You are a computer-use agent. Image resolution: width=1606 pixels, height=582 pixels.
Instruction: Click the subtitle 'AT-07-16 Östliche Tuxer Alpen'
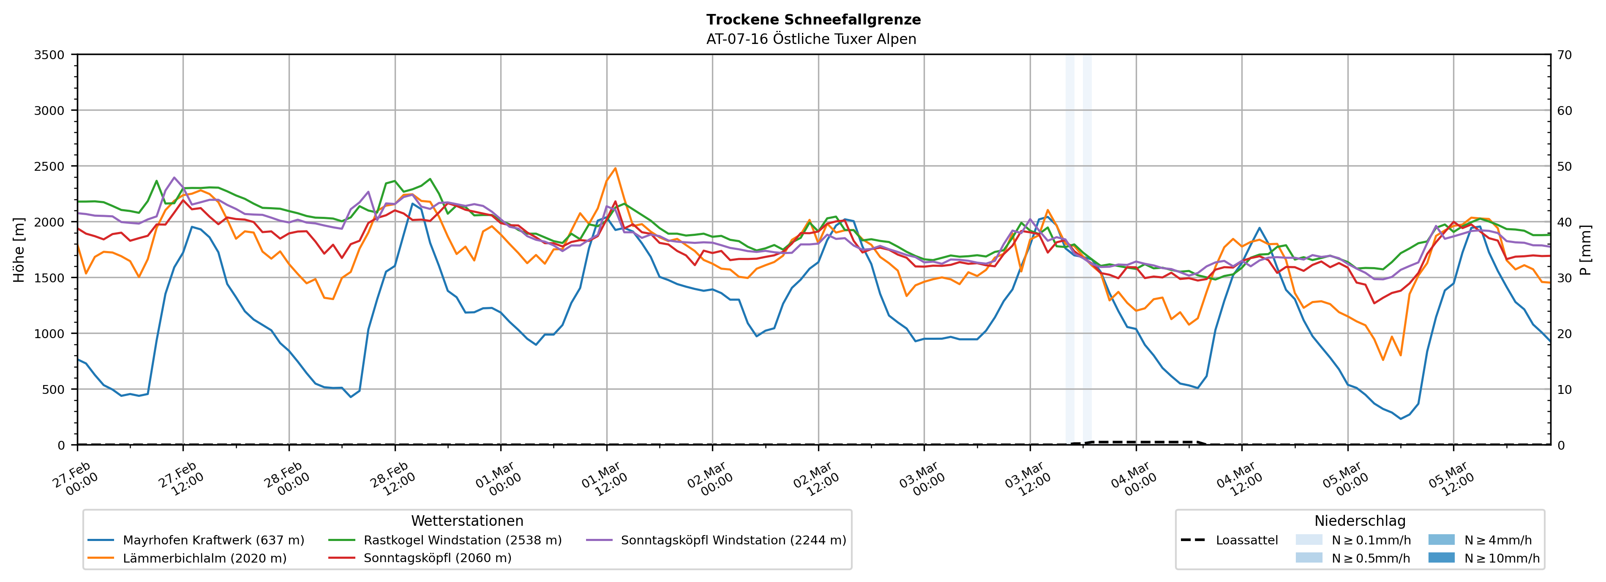(811, 39)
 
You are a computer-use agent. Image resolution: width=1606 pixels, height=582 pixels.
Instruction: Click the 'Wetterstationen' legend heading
(467, 521)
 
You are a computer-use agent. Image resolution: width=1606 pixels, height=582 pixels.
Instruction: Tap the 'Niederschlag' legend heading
(1360, 521)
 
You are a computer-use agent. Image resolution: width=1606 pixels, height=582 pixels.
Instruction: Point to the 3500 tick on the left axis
(49, 55)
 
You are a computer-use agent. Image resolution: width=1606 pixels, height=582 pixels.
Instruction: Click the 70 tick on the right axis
(1564, 55)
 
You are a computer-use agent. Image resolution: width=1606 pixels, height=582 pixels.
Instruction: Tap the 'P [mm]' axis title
(1585, 249)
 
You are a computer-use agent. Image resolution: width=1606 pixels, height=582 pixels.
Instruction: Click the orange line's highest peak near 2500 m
(615, 168)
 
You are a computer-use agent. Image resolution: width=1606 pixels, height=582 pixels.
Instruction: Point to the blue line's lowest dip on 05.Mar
(1401, 418)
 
